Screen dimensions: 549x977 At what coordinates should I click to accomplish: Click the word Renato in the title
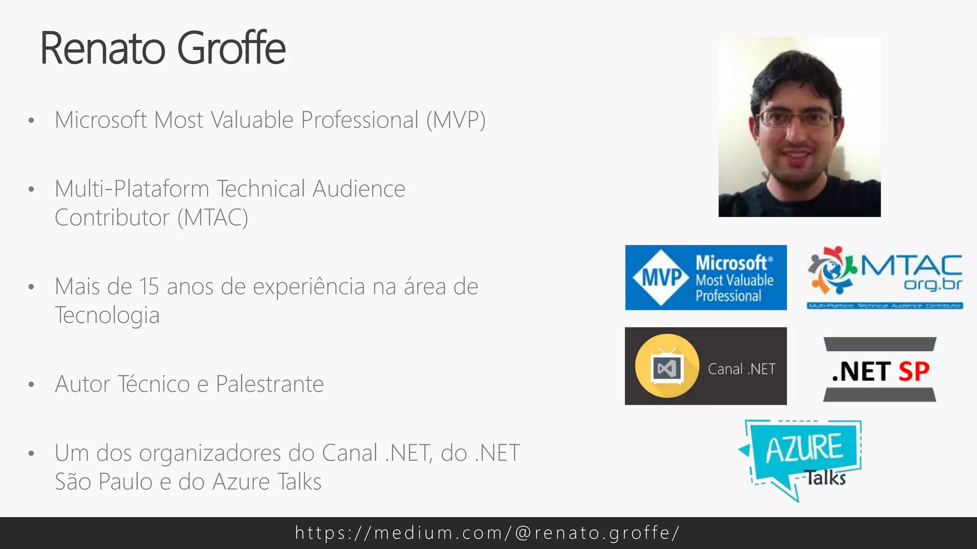tap(103, 48)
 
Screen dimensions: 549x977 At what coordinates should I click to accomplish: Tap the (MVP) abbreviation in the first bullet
tap(456, 120)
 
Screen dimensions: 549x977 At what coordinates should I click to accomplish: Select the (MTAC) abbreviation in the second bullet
tap(213, 218)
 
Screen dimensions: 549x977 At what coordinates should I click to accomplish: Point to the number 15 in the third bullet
tap(149, 287)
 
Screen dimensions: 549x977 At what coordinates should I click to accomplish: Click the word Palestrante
tap(270, 384)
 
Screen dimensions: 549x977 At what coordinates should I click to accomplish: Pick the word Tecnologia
tap(107, 315)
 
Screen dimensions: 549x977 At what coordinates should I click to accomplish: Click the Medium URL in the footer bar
tap(488, 533)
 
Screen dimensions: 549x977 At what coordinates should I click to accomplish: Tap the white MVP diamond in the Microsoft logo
tap(661, 277)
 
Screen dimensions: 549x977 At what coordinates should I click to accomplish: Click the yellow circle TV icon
tap(667, 366)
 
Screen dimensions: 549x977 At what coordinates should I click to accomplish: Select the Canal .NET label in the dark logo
tap(741, 369)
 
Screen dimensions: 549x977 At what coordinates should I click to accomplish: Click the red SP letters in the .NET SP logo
tap(914, 371)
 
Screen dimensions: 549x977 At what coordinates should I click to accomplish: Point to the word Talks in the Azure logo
tap(826, 478)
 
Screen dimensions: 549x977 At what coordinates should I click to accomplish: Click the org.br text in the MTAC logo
tap(933, 284)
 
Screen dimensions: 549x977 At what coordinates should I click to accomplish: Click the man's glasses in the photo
tap(796, 119)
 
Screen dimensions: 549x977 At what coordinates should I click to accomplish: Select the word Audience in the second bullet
tap(359, 189)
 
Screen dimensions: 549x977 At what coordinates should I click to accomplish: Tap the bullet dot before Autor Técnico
tap(31, 384)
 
